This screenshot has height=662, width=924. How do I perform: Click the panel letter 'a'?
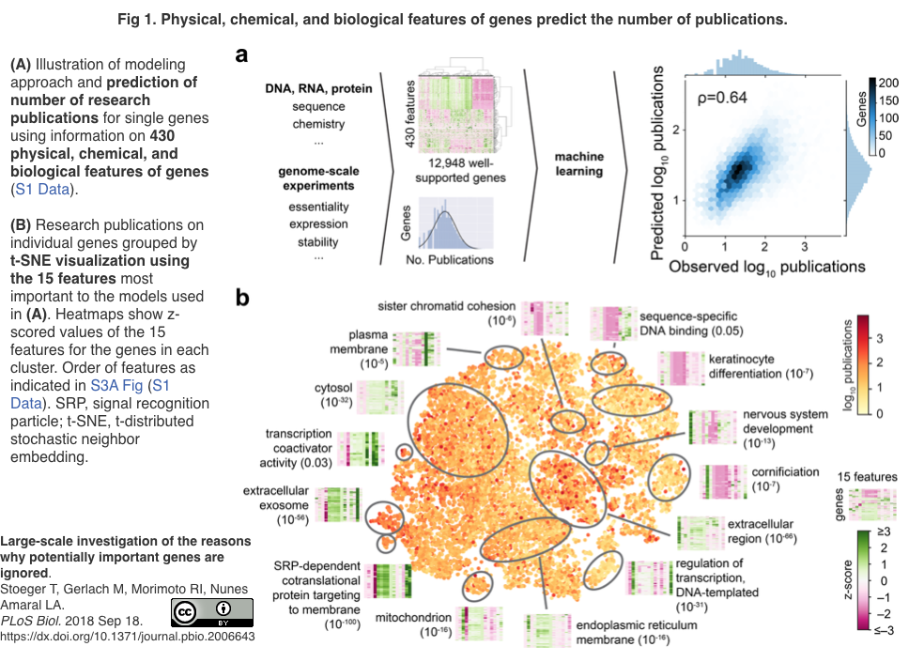(241, 55)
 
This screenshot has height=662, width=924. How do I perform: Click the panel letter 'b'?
(241, 298)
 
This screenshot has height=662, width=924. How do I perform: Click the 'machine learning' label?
(579, 164)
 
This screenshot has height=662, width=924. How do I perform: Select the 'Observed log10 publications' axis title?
(766, 267)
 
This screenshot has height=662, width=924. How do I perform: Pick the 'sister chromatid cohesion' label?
(447, 306)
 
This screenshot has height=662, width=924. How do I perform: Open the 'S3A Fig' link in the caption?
(118, 385)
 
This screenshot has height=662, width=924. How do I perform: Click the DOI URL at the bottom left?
(128, 637)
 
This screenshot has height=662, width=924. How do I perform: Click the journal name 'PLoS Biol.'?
(32, 620)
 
